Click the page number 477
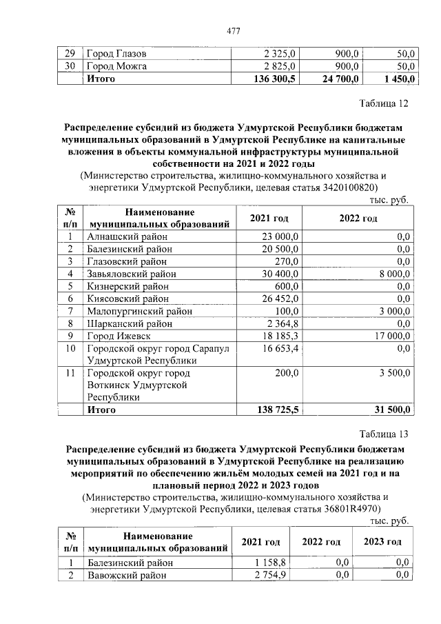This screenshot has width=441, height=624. coord(233,30)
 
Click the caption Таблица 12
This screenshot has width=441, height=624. coord(384,104)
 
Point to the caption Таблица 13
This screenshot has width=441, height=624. coord(384,434)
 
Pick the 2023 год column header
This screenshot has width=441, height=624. coord(383,542)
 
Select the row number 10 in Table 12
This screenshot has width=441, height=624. coord(70,348)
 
